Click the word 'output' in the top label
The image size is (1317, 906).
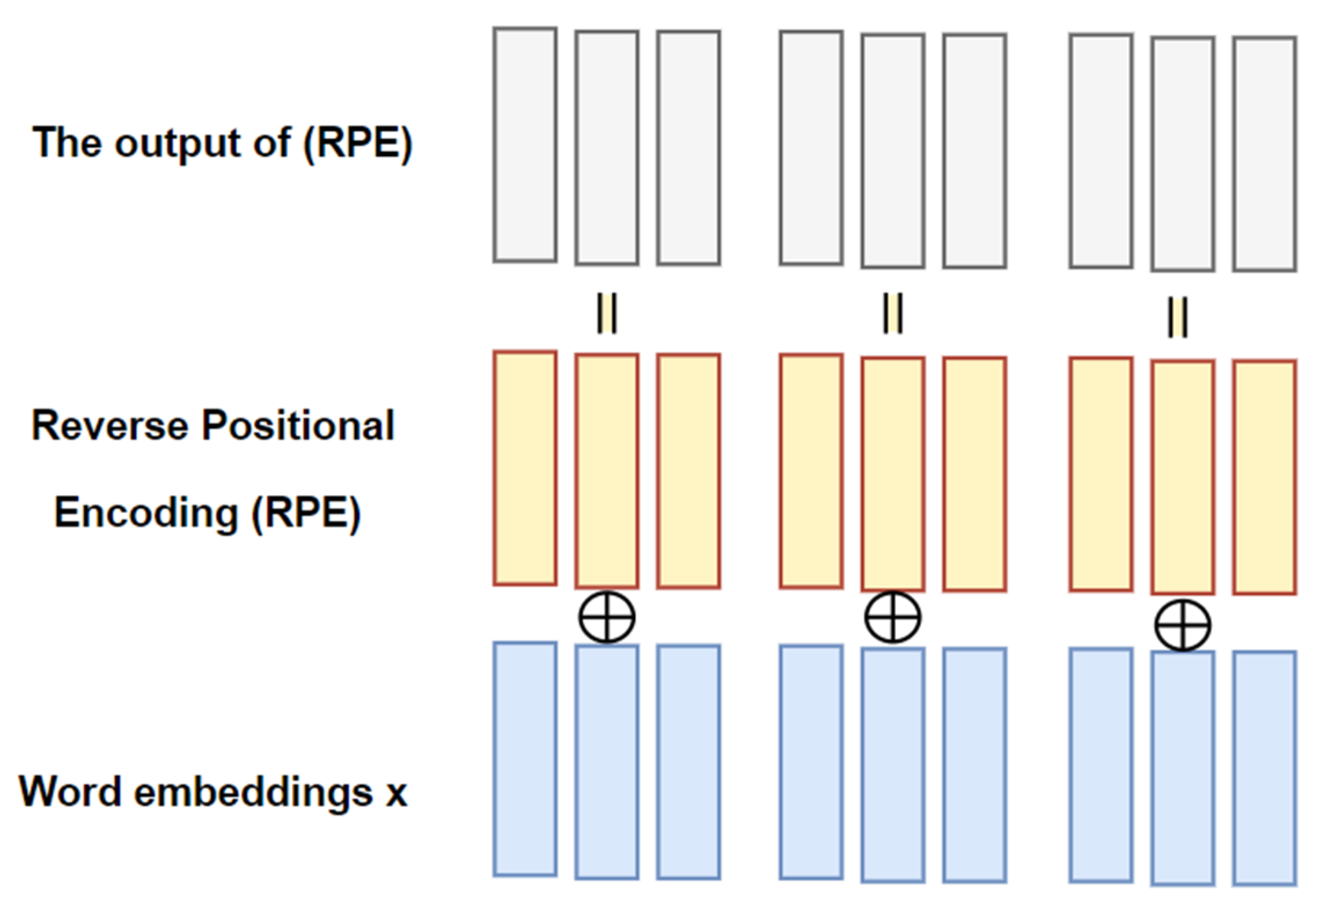pyautogui.click(x=177, y=143)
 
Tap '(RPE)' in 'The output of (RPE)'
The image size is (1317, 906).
pyautogui.click(x=358, y=143)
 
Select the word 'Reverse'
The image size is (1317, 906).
pyautogui.click(x=109, y=426)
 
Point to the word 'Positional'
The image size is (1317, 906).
pyautogui.click(x=298, y=426)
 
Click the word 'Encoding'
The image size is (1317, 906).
pyautogui.click(x=146, y=513)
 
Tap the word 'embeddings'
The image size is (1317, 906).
pyautogui.click(x=253, y=792)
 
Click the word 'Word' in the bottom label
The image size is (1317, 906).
pyautogui.click(x=70, y=792)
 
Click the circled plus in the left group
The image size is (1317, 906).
pyautogui.click(x=607, y=617)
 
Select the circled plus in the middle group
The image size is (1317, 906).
pyautogui.click(x=892, y=617)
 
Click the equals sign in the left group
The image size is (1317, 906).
pyautogui.click(x=607, y=313)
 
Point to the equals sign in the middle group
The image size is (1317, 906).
pyautogui.click(x=892, y=313)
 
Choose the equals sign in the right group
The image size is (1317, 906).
pyautogui.click(x=1177, y=317)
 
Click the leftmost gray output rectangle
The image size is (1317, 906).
pyautogui.click(x=525, y=145)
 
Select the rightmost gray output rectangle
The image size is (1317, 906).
pyautogui.click(x=1264, y=154)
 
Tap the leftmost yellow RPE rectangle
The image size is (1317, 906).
pyautogui.click(x=525, y=467)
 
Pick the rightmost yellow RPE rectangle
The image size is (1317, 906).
pyautogui.click(x=1264, y=477)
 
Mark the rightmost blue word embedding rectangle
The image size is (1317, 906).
pyautogui.click(x=1264, y=768)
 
